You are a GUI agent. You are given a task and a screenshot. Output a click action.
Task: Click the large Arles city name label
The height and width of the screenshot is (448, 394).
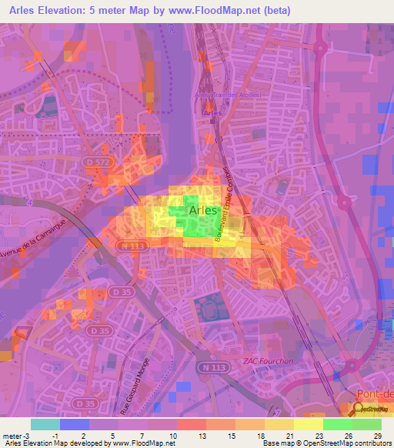coord(203,210)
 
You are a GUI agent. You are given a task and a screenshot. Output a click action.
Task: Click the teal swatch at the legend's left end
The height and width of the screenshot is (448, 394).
coord(45,424)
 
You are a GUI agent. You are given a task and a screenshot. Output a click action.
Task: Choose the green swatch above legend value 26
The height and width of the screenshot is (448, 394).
coord(337,424)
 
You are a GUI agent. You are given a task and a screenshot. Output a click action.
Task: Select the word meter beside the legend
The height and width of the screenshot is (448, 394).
coord(12,435)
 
